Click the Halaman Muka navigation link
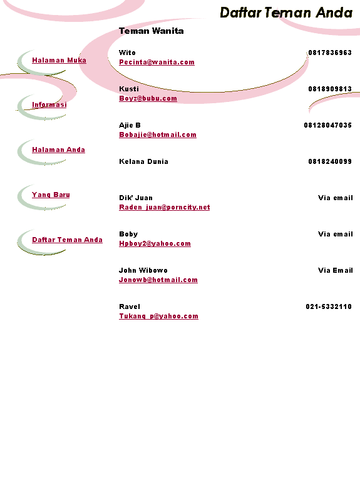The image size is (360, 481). [59, 60]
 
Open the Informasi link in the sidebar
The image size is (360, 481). [49, 104]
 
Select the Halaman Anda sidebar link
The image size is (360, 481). [58, 149]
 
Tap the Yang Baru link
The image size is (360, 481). [51, 195]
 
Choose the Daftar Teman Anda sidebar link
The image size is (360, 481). [67, 240]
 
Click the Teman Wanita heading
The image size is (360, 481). [151, 31]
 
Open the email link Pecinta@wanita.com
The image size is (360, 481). [157, 62]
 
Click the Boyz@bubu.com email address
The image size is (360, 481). [148, 98]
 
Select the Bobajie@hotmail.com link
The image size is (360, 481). [158, 134]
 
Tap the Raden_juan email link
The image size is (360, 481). [164, 207]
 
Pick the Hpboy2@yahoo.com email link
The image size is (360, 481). [155, 243]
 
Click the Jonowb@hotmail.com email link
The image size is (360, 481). [158, 280]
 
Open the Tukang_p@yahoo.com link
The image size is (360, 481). [158, 316]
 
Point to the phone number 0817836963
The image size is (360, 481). [330, 53]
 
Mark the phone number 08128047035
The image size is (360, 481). [327, 125]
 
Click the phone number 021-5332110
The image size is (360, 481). [329, 306]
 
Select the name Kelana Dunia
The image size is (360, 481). [143, 161]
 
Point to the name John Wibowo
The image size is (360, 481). [143, 270]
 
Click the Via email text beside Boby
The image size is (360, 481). [336, 234]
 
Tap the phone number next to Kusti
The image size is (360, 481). [330, 89]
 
